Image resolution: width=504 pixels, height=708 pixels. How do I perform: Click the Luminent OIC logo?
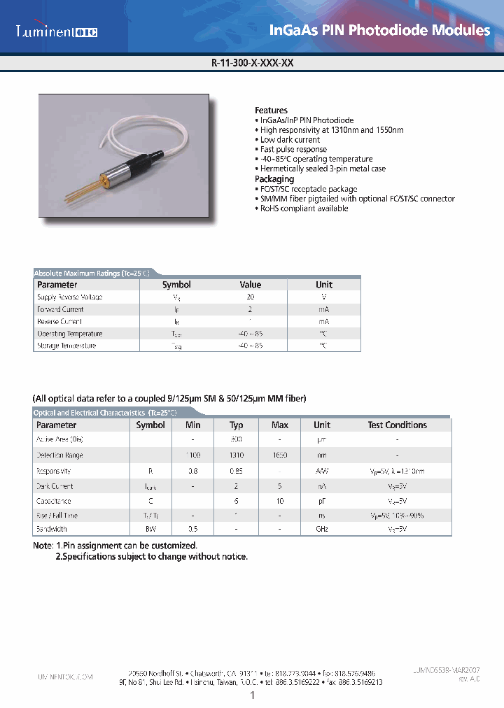[57, 31]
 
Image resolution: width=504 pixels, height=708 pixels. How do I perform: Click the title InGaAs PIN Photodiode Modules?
[379, 30]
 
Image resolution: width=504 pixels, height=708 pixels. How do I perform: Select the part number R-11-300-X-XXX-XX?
[252, 62]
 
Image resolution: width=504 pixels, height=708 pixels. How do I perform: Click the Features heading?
[271, 111]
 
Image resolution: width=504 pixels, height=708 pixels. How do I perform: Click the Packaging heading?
[274, 179]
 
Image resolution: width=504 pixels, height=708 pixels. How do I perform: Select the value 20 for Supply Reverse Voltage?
[250, 297]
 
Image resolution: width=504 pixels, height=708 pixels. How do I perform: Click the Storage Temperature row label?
[66, 346]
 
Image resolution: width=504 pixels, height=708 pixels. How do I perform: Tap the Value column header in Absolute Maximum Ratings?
[250, 285]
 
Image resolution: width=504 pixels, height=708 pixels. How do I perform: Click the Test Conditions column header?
[397, 425]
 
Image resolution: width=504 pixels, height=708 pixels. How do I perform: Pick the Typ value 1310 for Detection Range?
[237, 455]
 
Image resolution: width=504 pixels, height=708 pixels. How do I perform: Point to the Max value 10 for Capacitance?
[279, 501]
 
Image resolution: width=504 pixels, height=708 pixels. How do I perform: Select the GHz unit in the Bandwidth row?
[322, 530]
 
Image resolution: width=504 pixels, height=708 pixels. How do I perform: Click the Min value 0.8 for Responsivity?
[192, 472]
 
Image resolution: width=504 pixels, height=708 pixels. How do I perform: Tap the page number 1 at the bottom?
[252, 695]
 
